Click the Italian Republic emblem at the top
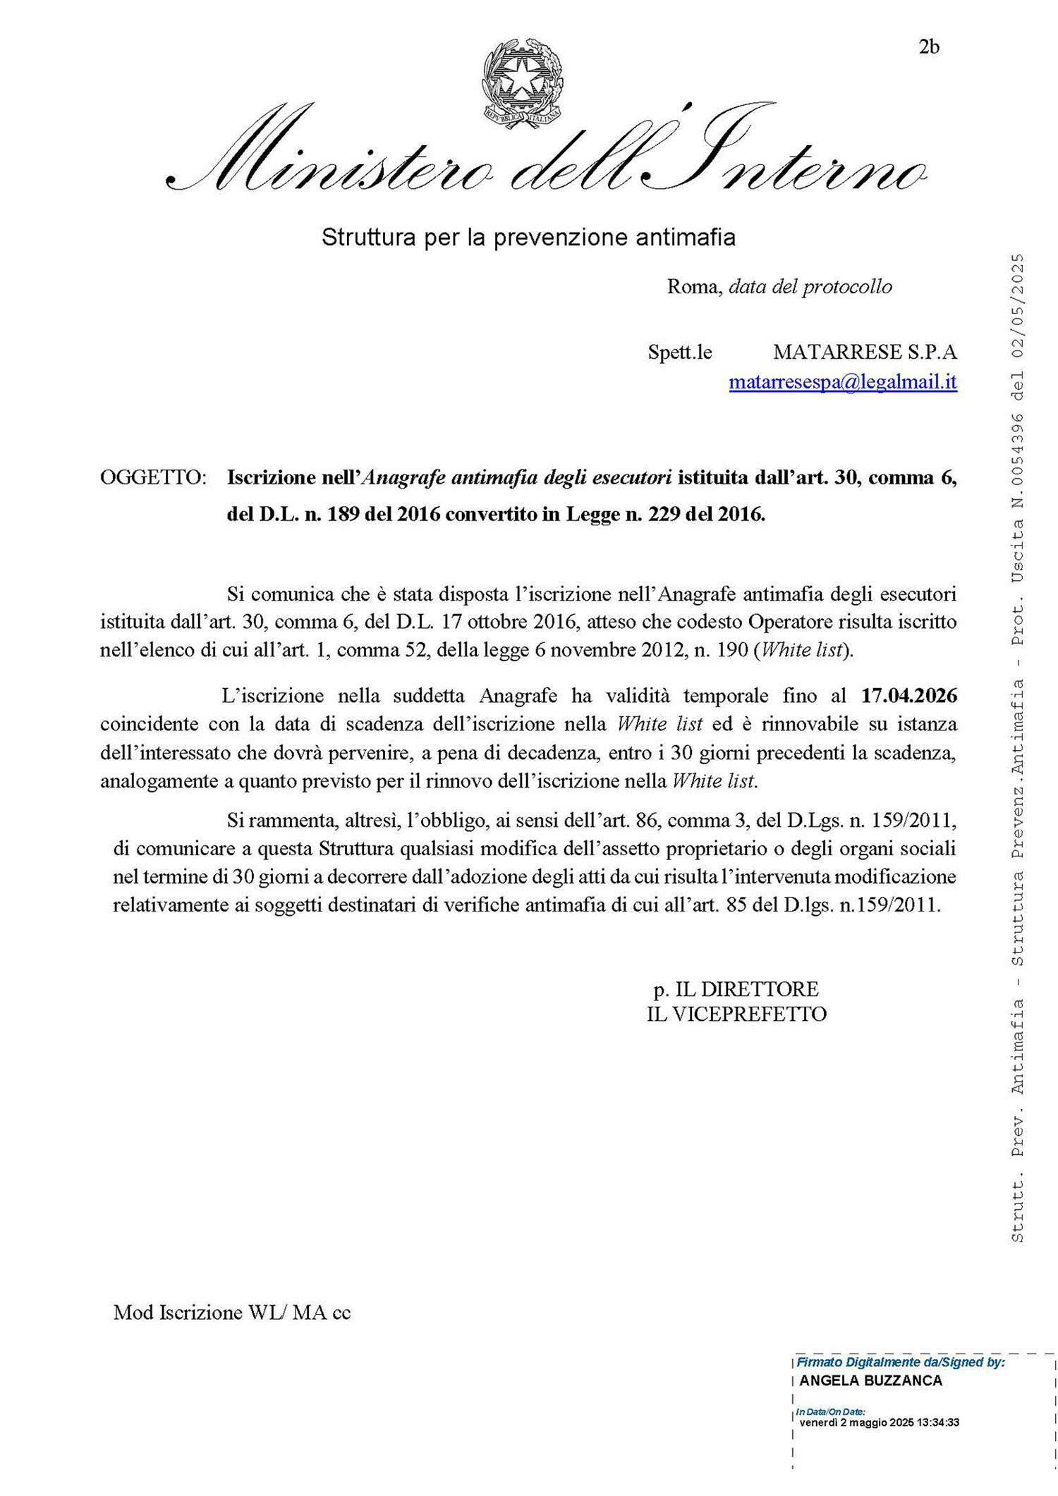tap(522, 82)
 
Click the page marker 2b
tap(929, 47)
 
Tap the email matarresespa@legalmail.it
tap(843, 382)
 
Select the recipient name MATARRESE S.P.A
tap(865, 351)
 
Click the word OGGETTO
tap(153, 477)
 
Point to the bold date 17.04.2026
tap(909, 696)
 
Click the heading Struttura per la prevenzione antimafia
tap(528, 238)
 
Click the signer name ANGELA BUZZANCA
tap(870, 1380)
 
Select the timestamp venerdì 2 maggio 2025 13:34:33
tap(879, 1422)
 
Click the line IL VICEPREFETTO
tap(736, 1014)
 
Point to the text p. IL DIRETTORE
tap(736, 988)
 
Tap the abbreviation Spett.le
tap(680, 352)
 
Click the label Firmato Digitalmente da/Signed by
tap(900, 1362)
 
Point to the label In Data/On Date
tap(830, 1411)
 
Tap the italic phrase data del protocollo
tap(810, 287)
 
